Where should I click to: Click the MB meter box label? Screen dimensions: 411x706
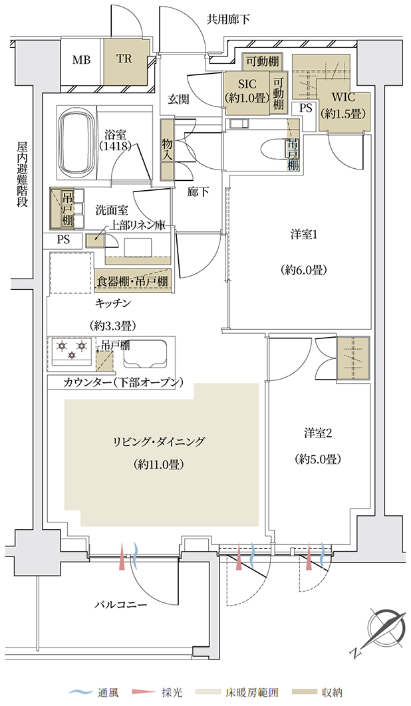[x=82, y=59]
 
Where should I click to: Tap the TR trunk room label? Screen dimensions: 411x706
[x=124, y=59]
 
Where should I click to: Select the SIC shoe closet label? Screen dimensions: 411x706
[x=247, y=84]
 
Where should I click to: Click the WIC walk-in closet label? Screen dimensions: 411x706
[x=343, y=97]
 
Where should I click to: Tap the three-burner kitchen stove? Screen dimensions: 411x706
[x=71, y=351]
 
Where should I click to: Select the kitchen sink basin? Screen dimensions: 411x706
[x=146, y=352]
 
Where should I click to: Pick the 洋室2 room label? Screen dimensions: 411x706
[x=318, y=433]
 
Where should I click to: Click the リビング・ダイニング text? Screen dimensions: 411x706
[x=159, y=441]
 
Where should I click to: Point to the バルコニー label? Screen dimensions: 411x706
[x=121, y=604]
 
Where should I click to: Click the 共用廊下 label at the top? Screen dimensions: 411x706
[x=228, y=19]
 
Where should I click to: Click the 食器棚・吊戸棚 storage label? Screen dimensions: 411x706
[x=132, y=281]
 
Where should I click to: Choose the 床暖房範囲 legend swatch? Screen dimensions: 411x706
[x=205, y=692]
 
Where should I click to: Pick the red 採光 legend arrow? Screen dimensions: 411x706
[x=142, y=692]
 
